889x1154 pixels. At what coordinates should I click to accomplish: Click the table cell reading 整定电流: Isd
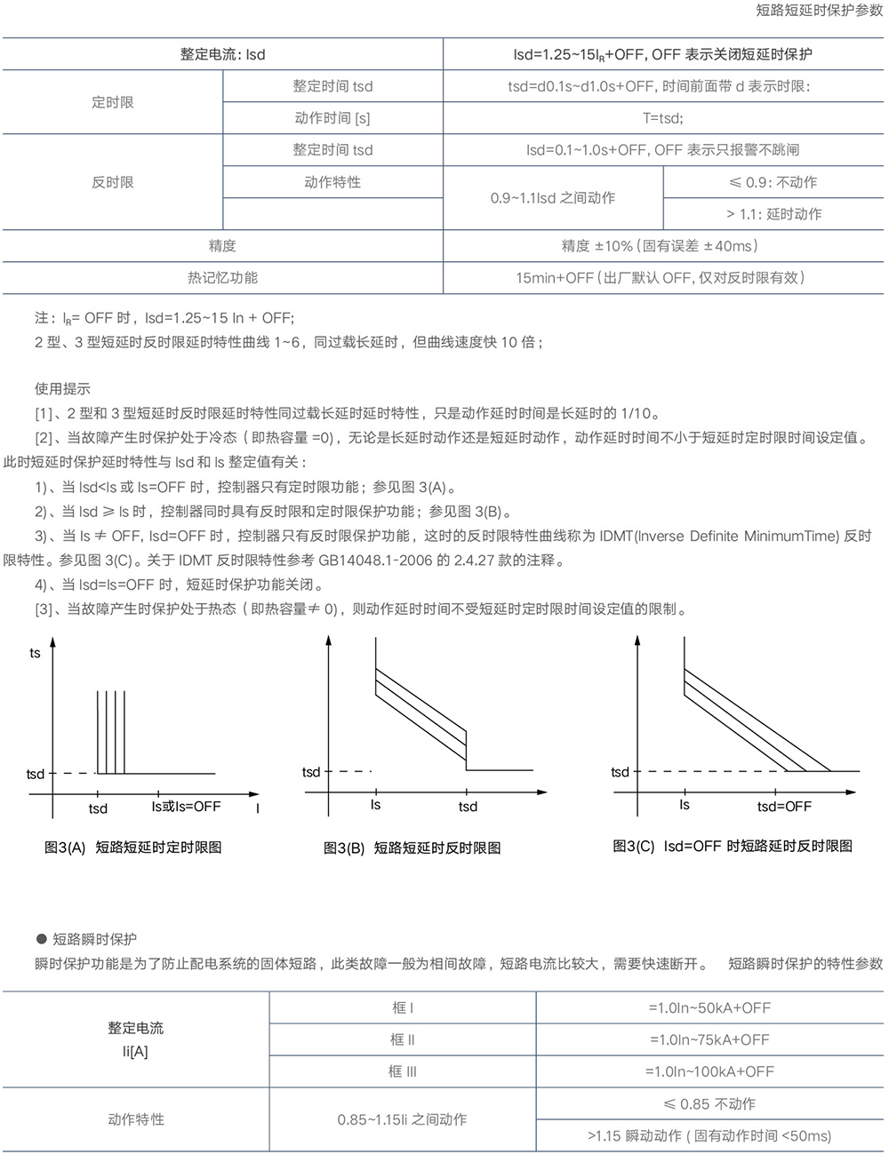click(222, 54)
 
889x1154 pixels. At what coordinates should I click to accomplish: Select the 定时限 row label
click(113, 102)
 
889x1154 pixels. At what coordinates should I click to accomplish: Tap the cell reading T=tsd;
click(662, 118)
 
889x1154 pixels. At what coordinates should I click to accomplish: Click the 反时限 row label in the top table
click(113, 182)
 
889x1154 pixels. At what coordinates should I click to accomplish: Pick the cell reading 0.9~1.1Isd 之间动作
click(552, 198)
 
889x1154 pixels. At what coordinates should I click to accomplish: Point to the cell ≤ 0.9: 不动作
click(773, 182)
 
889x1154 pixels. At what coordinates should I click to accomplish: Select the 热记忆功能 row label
click(222, 278)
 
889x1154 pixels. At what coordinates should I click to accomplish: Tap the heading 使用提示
click(62, 388)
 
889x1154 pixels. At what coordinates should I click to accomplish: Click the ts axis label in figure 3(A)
click(35, 654)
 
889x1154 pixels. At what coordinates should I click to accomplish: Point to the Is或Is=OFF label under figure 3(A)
click(186, 807)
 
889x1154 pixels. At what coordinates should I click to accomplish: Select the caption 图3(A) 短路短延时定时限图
click(133, 848)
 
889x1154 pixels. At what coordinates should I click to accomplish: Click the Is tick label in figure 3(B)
click(375, 805)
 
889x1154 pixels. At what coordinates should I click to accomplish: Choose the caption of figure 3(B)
click(412, 848)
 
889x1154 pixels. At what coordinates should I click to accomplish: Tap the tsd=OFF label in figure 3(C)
click(784, 807)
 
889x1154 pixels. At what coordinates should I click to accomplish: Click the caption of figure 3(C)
click(733, 847)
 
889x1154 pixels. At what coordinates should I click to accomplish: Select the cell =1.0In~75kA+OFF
click(709, 1039)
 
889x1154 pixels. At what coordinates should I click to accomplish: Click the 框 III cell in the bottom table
click(402, 1071)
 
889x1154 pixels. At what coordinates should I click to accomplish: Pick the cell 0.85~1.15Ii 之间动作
click(402, 1119)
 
